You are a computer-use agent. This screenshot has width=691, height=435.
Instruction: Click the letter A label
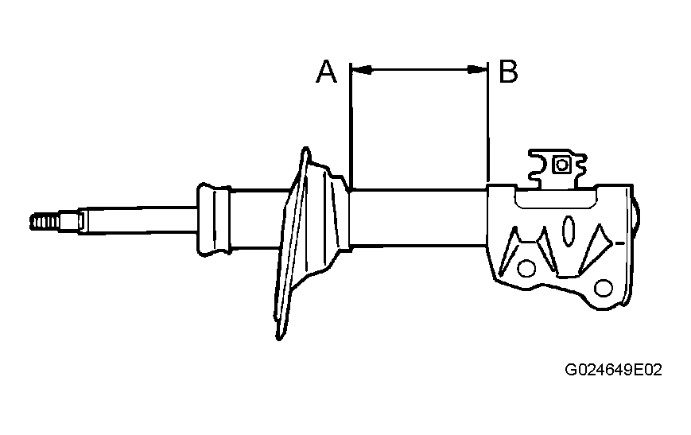click(327, 72)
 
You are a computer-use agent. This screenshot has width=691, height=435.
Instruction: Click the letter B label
click(508, 72)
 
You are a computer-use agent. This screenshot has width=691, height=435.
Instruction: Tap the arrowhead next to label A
click(362, 69)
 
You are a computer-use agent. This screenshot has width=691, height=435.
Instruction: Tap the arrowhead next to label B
click(477, 69)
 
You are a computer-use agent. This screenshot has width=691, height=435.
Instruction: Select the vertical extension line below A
click(351, 126)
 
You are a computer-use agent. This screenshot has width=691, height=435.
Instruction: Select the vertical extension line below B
click(488, 122)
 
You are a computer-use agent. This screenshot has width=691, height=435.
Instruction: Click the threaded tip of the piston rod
click(45, 222)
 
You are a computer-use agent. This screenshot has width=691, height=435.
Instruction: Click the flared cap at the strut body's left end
click(214, 219)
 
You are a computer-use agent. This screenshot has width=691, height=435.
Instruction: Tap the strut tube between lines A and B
click(418, 218)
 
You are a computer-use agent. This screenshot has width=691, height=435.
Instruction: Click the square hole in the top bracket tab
click(562, 165)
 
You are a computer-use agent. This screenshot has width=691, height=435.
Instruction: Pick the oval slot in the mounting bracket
click(569, 230)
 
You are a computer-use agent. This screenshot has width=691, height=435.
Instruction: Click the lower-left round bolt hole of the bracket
click(526, 269)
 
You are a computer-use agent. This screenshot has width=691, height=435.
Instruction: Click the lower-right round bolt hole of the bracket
click(604, 288)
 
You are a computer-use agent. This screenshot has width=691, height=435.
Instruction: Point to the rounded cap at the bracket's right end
click(636, 214)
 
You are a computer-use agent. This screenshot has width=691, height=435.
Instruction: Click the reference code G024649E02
click(613, 370)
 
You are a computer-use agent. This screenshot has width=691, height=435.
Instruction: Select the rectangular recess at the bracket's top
click(557, 197)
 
